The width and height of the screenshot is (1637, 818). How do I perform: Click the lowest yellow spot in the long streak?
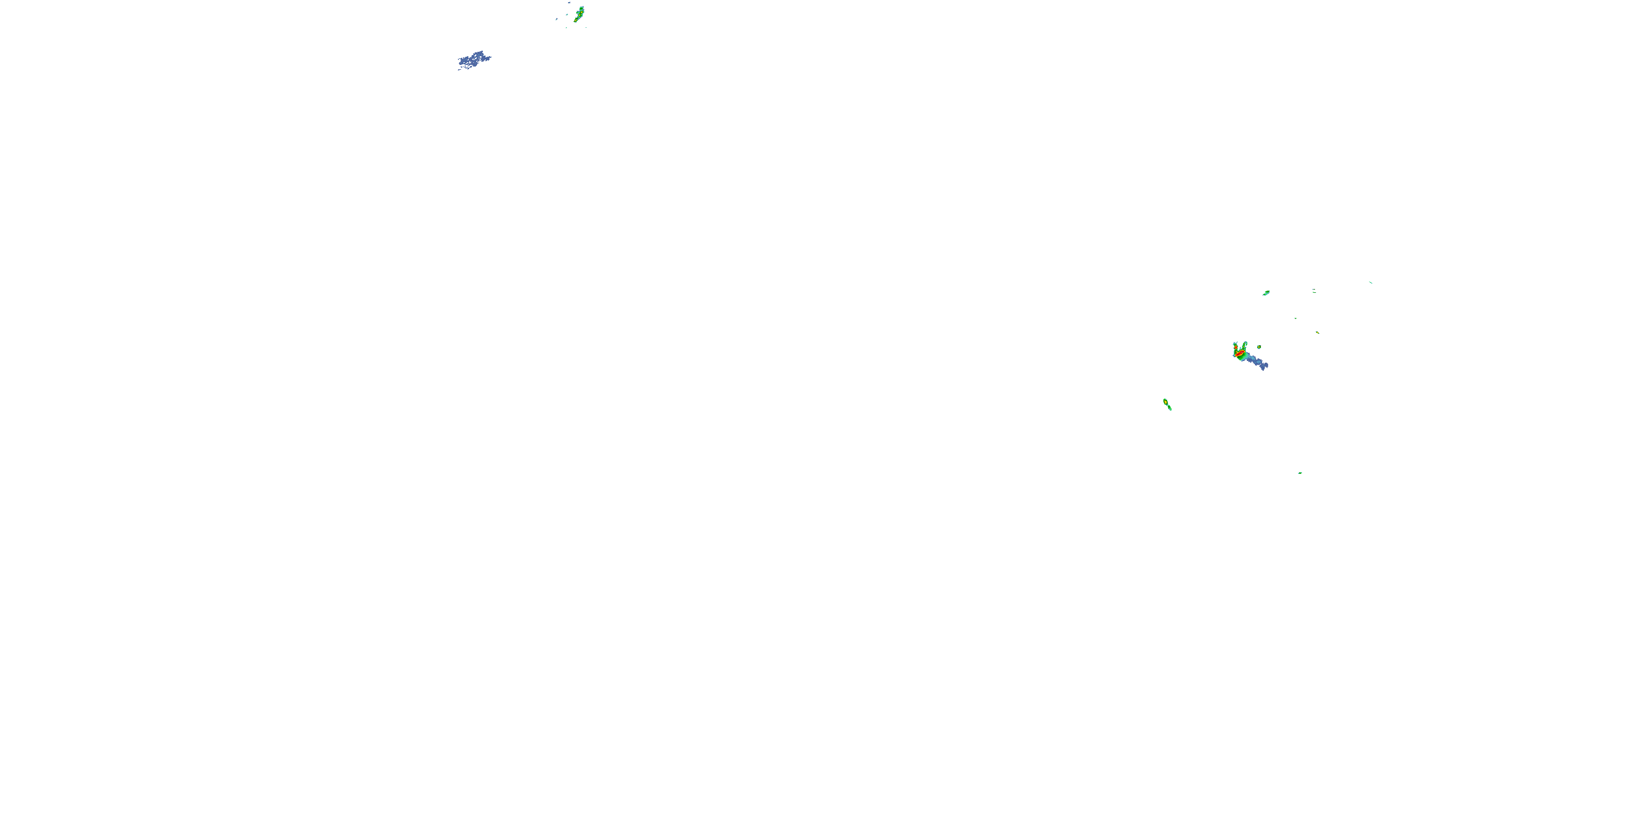tap(576, 20)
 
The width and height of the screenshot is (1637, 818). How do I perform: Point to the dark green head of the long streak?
tap(582, 9)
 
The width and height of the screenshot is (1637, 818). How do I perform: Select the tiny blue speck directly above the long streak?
tap(569, 3)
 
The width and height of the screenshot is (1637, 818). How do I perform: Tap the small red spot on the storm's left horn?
tap(1235, 347)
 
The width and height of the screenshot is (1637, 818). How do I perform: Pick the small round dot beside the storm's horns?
tap(1259, 347)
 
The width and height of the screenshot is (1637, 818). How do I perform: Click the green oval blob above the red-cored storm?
tap(1266, 293)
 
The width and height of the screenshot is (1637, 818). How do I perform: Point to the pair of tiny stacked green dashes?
tap(1313, 291)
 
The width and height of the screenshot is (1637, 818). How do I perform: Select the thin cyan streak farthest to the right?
tap(1371, 282)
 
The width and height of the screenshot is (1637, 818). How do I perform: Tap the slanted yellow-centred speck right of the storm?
tap(1317, 332)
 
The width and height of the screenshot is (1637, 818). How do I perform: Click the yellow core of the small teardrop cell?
tap(1166, 402)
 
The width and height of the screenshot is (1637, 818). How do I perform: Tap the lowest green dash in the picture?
tap(1300, 472)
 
